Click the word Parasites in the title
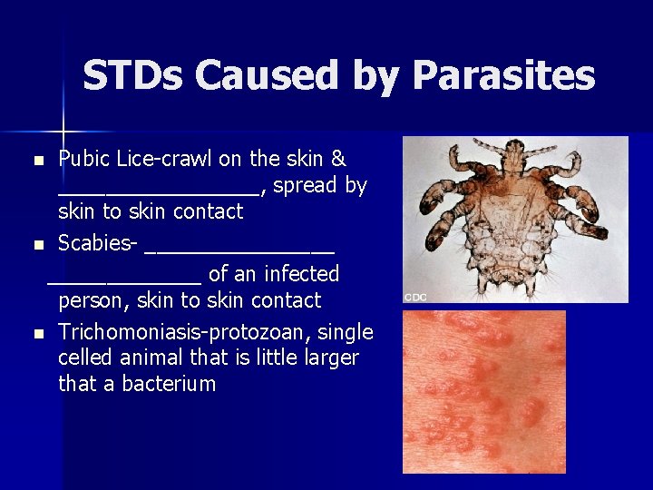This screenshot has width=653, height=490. pyautogui.click(x=503, y=76)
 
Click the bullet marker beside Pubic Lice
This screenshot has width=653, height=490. pyautogui.click(x=38, y=161)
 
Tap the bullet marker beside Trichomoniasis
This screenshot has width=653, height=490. pyautogui.click(x=38, y=333)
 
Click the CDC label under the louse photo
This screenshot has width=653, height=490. pyautogui.click(x=415, y=297)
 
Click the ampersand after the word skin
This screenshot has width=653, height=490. pyautogui.click(x=338, y=159)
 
